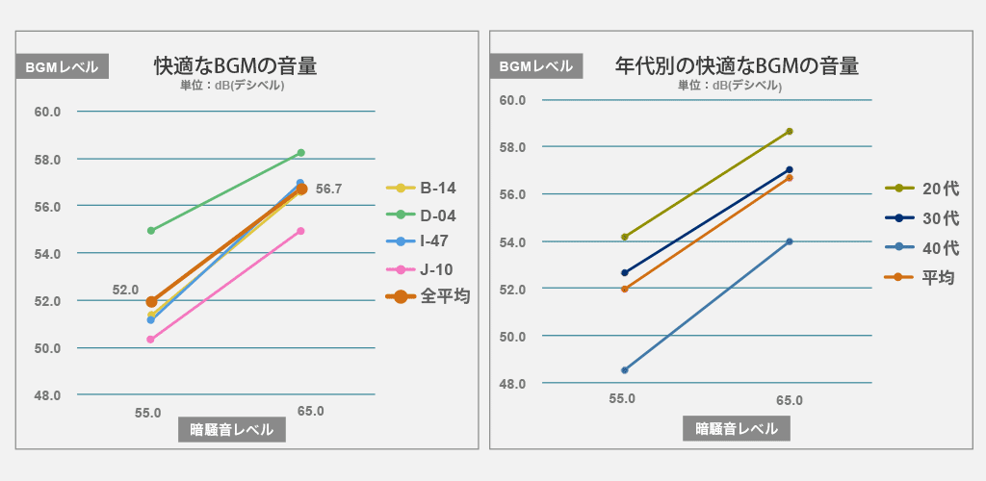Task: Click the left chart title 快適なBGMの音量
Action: coord(236,66)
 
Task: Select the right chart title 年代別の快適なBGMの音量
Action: coord(737,66)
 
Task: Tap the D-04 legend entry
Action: coord(437,215)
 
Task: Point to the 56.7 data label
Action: coord(328,190)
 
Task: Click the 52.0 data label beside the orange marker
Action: coord(125,290)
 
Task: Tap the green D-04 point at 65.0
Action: coord(300,153)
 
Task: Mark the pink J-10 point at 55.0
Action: coord(151,340)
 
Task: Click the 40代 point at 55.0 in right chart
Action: coord(625,370)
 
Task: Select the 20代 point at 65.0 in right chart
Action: coord(790,131)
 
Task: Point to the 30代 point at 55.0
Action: coord(625,272)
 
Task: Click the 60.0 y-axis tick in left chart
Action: coord(47,112)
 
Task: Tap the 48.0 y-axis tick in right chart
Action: coord(511,384)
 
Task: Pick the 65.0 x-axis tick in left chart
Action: coord(310,411)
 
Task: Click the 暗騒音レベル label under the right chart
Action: coord(737,429)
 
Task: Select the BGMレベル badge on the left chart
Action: coord(62,67)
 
